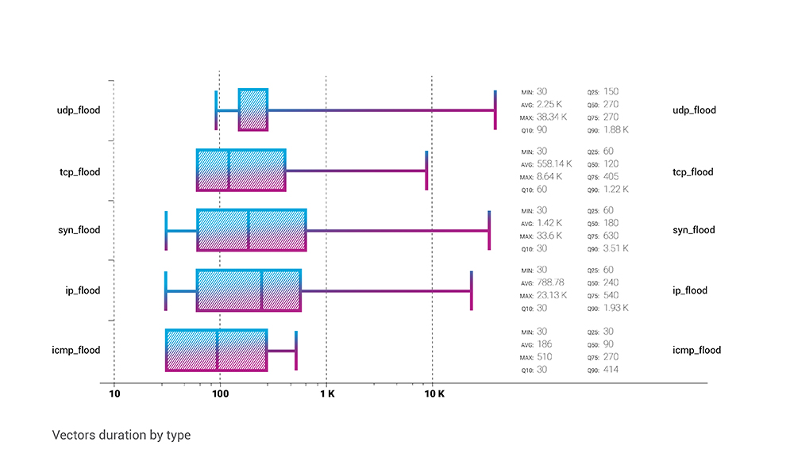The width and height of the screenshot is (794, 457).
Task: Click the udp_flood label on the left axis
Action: (x=79, y=110)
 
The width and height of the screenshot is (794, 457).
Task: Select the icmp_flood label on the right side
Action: (x=696, y=350)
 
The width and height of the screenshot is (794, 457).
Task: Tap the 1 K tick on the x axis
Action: (x=327, y=394)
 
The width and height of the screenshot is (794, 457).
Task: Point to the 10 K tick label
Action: (x=434, y=394)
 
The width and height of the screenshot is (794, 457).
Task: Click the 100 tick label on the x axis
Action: (x=220, y=394)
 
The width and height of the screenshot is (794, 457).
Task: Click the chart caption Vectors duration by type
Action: (x=121, y=436)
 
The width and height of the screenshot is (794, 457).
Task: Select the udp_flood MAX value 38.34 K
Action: (x=552, y=117)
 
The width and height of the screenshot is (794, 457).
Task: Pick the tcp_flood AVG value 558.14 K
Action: (x=554, y=164)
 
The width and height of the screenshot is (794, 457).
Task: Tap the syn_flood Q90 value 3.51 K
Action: (x=616, y=248)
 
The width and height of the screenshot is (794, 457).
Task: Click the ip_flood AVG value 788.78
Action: (x=550, y=282)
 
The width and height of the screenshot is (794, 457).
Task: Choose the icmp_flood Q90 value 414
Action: (x=611, y=370)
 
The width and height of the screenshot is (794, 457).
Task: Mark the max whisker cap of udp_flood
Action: (x=495, y=109)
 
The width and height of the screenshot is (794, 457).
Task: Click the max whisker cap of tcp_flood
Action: (x=426, y=171)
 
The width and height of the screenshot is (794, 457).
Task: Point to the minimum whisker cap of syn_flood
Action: (x=166, y=231)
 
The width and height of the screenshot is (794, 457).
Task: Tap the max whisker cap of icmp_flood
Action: (x=296, y=351)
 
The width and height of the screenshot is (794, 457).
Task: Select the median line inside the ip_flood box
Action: (x=262, y=290)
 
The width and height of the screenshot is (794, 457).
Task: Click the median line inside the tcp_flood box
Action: (x=229, y=171)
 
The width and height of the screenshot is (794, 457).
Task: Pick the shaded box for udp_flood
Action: (x=253, y=109)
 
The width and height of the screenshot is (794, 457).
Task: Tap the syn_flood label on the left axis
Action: (x=79, y=230)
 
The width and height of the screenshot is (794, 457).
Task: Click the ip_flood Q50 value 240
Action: (x=611, y=282)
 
